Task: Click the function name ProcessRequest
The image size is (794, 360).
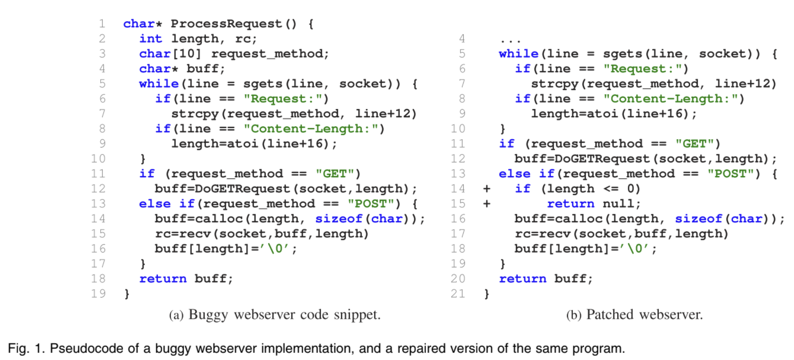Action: click(226, 24)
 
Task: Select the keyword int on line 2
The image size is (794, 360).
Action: click(150, 39)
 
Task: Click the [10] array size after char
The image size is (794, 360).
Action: click(186, 54)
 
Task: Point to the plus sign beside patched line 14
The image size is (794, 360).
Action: click(487, 189)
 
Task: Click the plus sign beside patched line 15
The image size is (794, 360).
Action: click(487, 204)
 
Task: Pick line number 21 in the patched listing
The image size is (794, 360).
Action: click(458, 294)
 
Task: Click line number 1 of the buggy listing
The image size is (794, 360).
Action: click(102, 24)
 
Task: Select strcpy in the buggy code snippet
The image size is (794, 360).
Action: click(195, 114)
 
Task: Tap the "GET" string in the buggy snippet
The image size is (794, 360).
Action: click(335, 174)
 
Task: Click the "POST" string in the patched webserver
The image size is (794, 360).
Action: click(730, 174)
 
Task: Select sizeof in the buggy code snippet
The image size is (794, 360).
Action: click(338, 219)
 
